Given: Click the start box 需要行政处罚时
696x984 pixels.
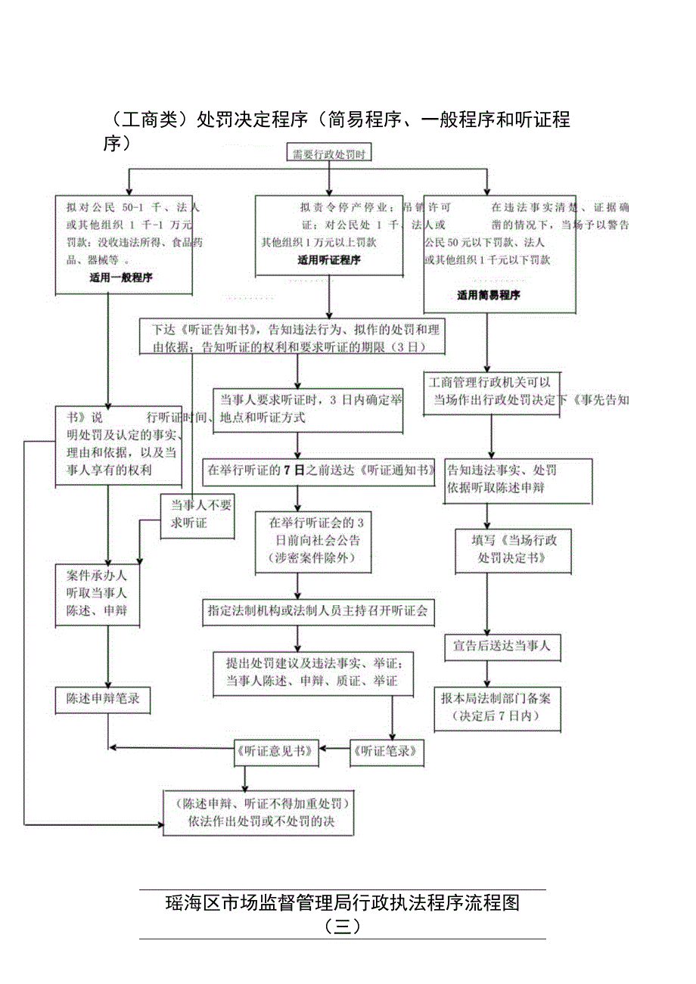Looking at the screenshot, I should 329,154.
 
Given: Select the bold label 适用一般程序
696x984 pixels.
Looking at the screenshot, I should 121,278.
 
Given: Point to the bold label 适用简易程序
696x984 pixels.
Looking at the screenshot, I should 488,295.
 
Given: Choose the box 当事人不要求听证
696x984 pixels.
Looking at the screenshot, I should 197,514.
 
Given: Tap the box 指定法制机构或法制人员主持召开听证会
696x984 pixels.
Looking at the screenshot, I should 318,610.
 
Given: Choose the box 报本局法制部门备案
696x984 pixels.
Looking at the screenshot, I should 497,708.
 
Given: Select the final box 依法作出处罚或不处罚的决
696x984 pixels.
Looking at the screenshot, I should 259,812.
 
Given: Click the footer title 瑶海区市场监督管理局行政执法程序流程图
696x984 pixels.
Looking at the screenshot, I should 342,903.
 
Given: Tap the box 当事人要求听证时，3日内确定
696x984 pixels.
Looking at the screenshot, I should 307,409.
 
